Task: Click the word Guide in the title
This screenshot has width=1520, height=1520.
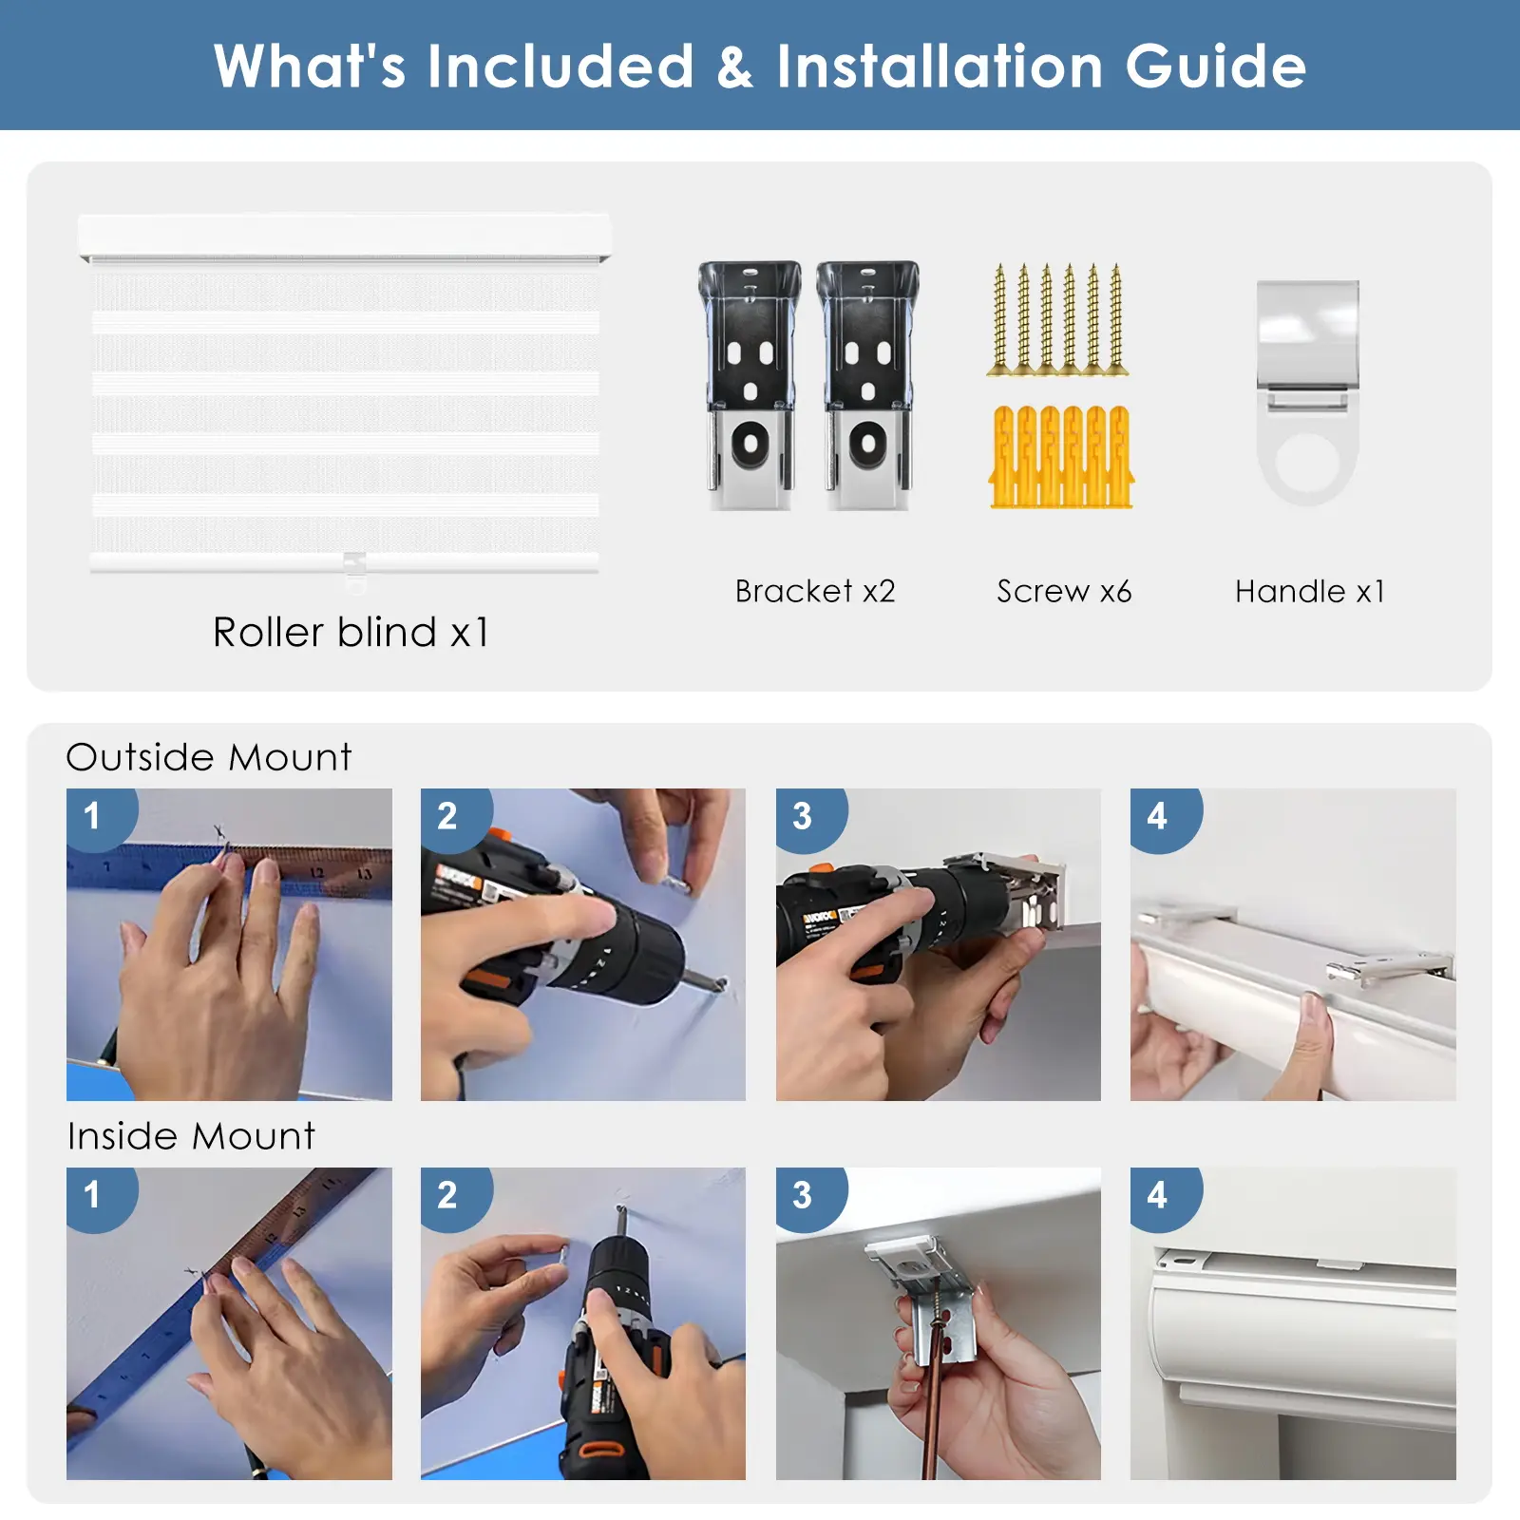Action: tap(1216, 66)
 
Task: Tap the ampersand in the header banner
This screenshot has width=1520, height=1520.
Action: tap(734, 67)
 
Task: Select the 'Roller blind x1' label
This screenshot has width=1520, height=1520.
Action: tap(351, 632)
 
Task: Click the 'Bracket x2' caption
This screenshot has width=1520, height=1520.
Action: tap(815, 591)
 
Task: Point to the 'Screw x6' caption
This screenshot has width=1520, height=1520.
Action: tap(1064, 591)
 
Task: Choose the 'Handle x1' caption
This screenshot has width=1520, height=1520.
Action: tap(1309, 591)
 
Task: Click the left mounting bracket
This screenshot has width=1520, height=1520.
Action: tap(750, 386)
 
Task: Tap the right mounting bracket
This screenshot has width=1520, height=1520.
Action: tap(867, 386)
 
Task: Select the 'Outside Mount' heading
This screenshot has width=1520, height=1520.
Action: tap(209, 757)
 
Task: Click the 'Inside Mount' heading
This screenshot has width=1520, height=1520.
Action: tap(191, 1136)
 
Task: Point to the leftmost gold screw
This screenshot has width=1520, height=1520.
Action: tap(999, 319)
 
